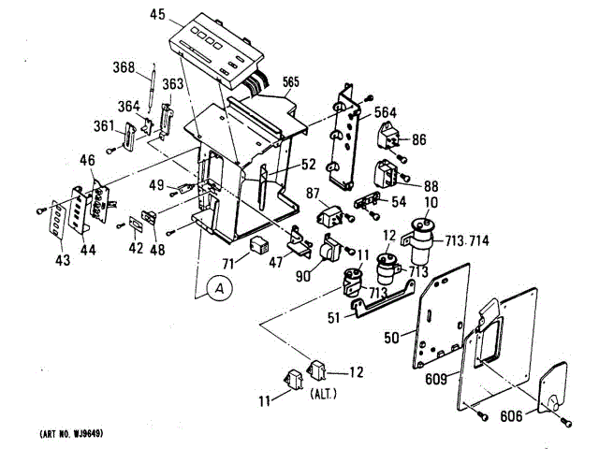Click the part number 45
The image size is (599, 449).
coord(157,14)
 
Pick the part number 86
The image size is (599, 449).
coord(418,138)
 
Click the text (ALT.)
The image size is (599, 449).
coord(322,395)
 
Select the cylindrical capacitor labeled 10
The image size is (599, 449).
coord(426,239)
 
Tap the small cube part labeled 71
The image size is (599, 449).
coord(260,246)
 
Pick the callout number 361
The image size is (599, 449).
coord(103,126)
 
